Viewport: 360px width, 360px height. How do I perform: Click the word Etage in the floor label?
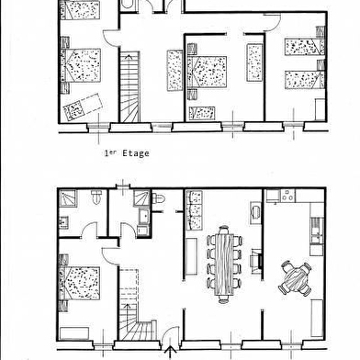[x=136, y=153]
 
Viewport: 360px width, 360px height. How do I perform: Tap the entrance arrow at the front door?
[x=170, y=352]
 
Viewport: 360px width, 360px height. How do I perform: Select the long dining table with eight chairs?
[x=224, y=264]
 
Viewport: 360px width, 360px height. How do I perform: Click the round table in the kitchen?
[x=295, y=278]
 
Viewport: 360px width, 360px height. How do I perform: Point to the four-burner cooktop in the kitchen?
[x=287, y=196]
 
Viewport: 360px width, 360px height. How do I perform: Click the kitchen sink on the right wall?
[x=318, y=231]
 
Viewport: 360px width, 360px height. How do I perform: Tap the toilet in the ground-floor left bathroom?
[x=96, y=197]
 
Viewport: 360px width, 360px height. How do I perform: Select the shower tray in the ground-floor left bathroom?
[x=68, y=198]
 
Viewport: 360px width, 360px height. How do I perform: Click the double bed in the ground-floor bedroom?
[x=80, y=283]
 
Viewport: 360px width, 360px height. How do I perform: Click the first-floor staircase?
[x=129, y=87]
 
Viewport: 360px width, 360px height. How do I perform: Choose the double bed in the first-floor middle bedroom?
[x=207, y=72]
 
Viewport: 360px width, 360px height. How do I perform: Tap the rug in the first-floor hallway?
[x=174, y=71]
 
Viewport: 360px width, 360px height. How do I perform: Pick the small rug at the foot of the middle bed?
[x=202, y=113]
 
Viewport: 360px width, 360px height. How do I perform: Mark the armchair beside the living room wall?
[x=255, y=210]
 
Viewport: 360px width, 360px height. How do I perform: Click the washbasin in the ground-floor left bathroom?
[x=63, y=221]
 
